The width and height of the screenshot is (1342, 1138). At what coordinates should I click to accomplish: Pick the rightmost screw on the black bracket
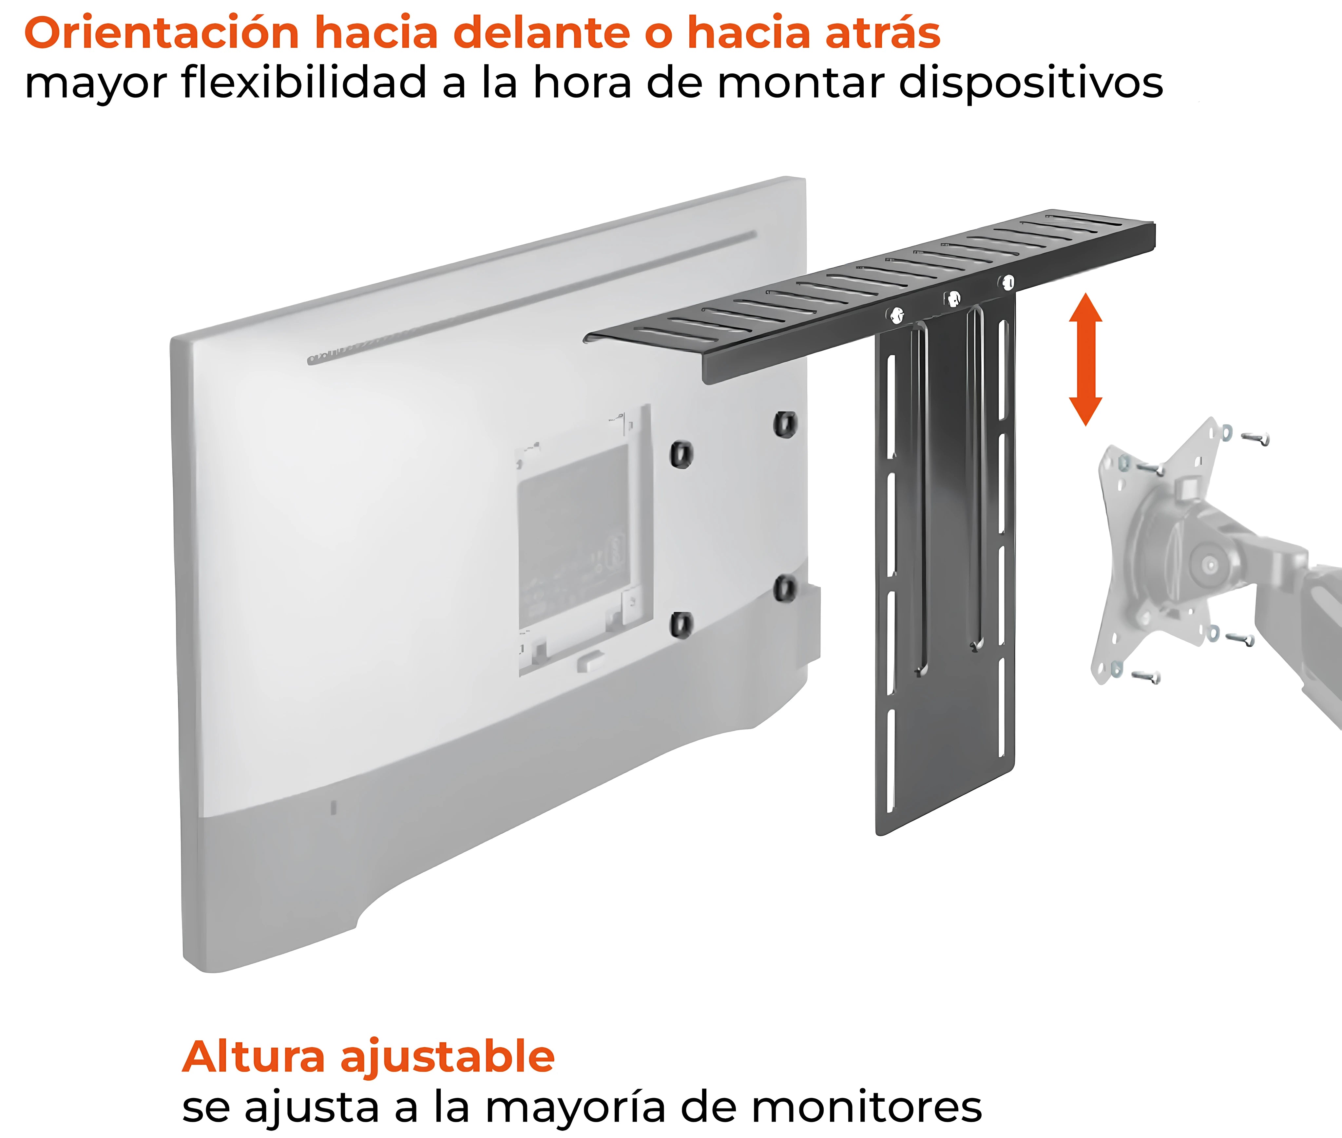pos(1008,282)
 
